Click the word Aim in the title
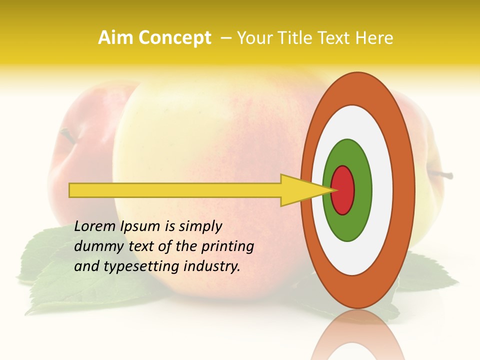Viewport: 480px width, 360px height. [115, 38]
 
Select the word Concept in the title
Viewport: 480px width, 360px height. [174, 38]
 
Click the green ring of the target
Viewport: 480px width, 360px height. [347, 225]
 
